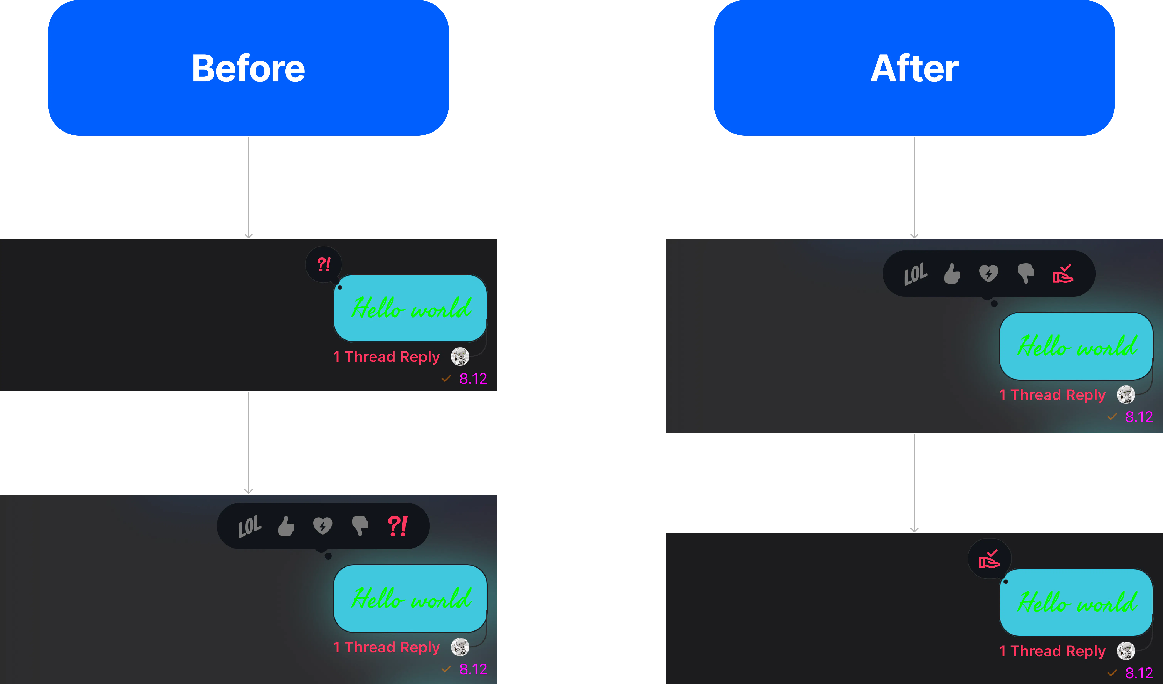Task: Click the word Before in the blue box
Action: [x=248, y=68]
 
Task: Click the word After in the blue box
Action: [x=914, y=68]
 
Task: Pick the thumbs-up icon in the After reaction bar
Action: [x=952, y=274]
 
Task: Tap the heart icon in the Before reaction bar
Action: [x=323, y=526]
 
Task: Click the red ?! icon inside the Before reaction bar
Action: [x=397, y=526]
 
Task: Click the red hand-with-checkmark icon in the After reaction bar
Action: [x=1062, y=274]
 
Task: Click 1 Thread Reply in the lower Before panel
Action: [x=386, y=647]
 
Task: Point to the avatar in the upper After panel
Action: [x=1126, y=395]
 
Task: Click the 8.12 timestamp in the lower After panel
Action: [x=1139, y=673]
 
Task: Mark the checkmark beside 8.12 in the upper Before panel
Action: [x=446, y=378]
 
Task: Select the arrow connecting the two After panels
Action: [x=914, y=483]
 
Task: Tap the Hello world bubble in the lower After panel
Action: [x=1076, y=602]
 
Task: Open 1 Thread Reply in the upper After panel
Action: [x=1052, y=395]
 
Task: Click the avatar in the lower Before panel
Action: [x=460, y=647]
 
